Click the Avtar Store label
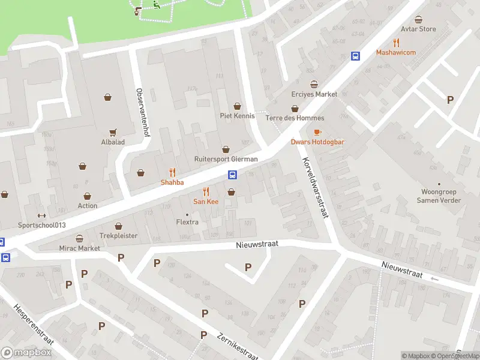[418, 29]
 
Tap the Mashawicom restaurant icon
[396, 43]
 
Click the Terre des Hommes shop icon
[295, 109]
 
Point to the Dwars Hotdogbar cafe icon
[317, 132]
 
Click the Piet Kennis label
[237, 116]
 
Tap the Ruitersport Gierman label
[226, 159]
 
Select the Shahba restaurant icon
[172, 172]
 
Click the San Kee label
[206, 202]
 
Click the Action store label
[88, 206]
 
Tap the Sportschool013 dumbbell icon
[41, 216]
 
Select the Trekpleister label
[118, 236]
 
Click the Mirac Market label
[79, 248]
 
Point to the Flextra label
[187, 222]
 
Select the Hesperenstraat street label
[34, 324]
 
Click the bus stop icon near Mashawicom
[355, 56]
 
